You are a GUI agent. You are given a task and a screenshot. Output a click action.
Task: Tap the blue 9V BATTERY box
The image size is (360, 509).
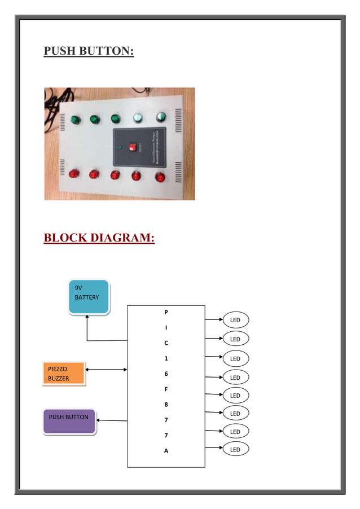(x=89, y=296)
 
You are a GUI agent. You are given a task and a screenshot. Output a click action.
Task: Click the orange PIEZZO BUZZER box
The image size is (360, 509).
(x=63, y=374)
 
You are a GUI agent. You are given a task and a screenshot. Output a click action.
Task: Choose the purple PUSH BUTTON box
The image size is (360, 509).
(x=69, y=421)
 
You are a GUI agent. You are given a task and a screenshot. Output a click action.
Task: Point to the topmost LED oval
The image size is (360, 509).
(x=235, y=320)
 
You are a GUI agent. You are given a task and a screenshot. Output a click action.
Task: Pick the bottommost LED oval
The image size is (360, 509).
(x=235, y=449)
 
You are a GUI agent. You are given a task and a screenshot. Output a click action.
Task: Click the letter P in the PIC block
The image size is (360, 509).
(x=166, y=311)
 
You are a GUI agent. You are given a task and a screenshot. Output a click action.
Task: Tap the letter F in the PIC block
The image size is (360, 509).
(x=166, y=389)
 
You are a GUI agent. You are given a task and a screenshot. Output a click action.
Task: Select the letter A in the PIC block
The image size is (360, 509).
(x=166, y=451)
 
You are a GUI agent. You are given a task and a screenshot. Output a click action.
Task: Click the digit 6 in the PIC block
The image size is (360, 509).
(x=166, y=374)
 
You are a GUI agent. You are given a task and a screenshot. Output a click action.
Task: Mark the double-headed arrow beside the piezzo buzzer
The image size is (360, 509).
(x=106, y=370)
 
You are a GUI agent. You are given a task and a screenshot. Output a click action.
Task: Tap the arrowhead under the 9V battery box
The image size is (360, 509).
(x=87, y=317)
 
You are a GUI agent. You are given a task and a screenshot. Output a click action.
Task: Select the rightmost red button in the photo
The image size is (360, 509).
(x=160, y=177)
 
